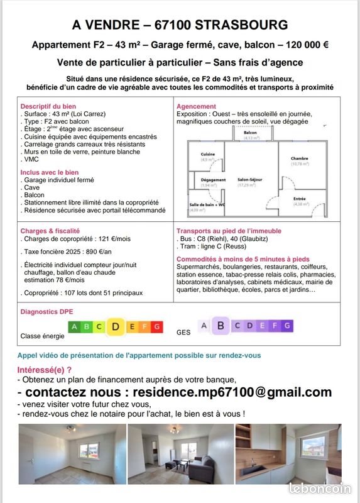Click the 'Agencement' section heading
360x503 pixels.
point(197,106)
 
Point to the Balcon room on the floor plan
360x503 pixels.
point(250,135)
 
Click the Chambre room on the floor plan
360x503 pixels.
point(299,161)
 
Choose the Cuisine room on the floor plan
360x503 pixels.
point(208,157)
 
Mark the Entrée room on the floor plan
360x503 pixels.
point(300,201)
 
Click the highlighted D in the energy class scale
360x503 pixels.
point(116,326)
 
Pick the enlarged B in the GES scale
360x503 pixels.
point(220,326)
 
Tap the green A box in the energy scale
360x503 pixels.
point(74,327)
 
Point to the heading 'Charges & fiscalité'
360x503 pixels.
point(50,231)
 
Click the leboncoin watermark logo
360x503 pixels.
point(320,488)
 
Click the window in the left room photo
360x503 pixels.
point(88,450)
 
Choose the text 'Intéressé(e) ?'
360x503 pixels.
point(44,370)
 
